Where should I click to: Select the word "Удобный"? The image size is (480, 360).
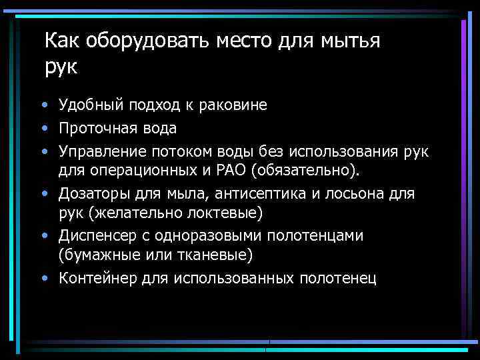pos(87,105)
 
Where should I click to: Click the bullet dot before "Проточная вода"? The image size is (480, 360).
pos(44,127)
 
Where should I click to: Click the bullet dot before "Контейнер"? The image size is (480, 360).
pos(44,278)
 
